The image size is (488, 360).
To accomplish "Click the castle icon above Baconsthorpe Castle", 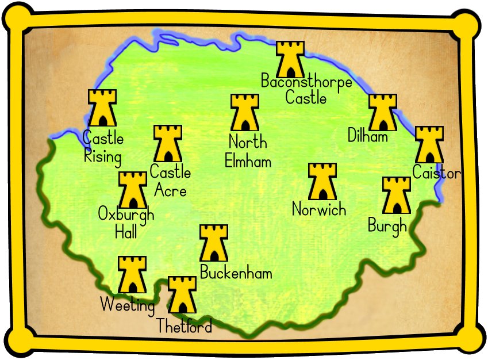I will click(290, 59).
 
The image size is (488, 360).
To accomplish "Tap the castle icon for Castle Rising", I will click(102, 108).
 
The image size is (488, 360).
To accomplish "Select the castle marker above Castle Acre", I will click(168, 144).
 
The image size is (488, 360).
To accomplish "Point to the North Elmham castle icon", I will click(244, 113).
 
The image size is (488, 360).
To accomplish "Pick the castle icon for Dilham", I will click(382, 113).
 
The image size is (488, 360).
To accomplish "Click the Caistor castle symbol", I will click(429, 145).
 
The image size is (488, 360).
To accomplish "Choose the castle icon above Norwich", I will click(322, 181).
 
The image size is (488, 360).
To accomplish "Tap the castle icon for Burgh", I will click(396, 196).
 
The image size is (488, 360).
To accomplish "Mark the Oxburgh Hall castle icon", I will click(132, 190).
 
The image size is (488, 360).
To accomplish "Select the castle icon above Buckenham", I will click(213, 243).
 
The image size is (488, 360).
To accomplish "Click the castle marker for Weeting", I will click(132, 275).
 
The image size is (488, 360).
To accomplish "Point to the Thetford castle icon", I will click(182, 294).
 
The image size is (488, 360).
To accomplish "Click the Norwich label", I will click(319, 209).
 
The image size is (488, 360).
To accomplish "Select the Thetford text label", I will click(185, 326).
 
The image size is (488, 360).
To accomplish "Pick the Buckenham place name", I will click(236, 273).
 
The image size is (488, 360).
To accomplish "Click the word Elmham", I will click(248, 162).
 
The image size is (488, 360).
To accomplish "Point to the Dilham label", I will click(368, 136).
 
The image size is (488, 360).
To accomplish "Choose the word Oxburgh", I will click(126, 216).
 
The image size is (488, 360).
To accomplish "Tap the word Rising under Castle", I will click(102, 156).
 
